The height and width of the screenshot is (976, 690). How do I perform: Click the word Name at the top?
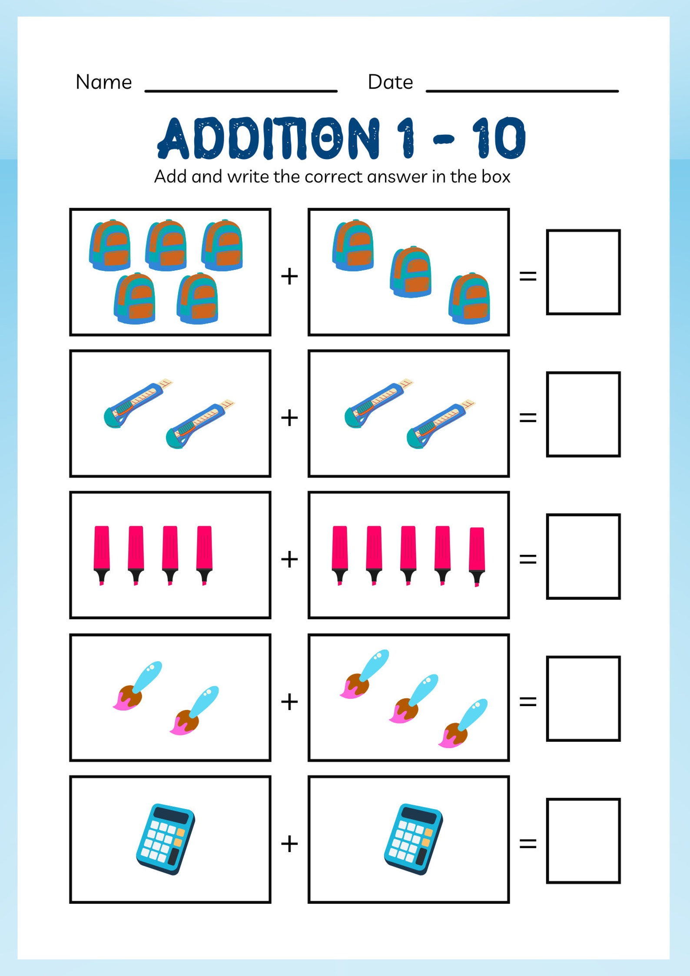click(103, 82)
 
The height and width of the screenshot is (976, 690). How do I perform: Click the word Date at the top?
click(390, 82)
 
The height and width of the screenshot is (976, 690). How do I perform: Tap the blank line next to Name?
click(241, 90)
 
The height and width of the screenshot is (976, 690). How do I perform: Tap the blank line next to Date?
click(522, 90)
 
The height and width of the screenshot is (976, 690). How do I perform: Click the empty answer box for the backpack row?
click(583, 272)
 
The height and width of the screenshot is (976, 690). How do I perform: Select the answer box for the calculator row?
click(583, 841)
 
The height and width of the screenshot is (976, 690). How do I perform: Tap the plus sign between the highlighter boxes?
click(289, 559)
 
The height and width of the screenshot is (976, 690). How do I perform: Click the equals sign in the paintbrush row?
click(528, 701)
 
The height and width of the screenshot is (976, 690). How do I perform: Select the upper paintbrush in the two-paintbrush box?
click(137, 686)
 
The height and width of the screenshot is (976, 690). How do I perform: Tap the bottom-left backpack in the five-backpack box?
click(134, 299)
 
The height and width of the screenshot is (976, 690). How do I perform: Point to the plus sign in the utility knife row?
click(289, 418)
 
